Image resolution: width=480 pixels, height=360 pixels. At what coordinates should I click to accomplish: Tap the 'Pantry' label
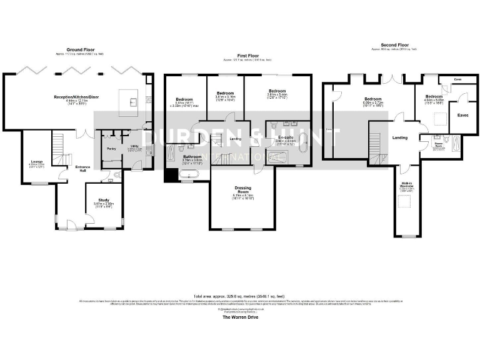(112, 149)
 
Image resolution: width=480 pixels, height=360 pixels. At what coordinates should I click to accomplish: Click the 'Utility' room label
(134, 146)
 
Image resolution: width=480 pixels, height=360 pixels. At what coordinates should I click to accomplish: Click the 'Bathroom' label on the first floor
(192, 157)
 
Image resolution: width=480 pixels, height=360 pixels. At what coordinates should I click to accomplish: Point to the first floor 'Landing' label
(236, 139)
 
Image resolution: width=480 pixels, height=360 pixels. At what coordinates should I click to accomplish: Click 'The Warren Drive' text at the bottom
(240, 317)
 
